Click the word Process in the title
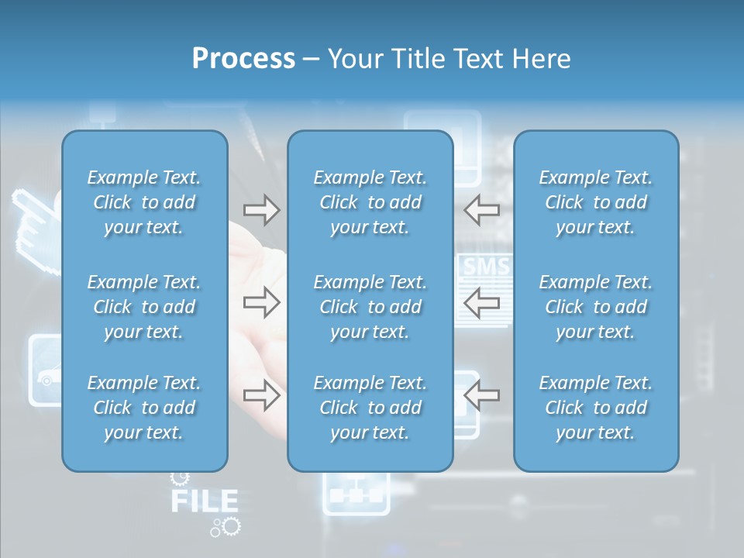point(243,59)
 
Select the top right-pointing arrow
point(262,210)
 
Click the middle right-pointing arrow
point(262,302)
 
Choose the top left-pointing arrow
point(482,210)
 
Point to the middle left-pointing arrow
point(482,302)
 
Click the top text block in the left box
point(144,202)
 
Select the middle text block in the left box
point(144,307)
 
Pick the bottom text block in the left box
point(144,408)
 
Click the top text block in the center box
point(370,202)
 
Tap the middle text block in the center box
point(370,307)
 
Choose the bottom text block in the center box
point(370,408)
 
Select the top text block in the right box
point(596,202)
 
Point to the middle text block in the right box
point(596,307)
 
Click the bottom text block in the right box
point(596,408)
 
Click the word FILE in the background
point(204,501)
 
